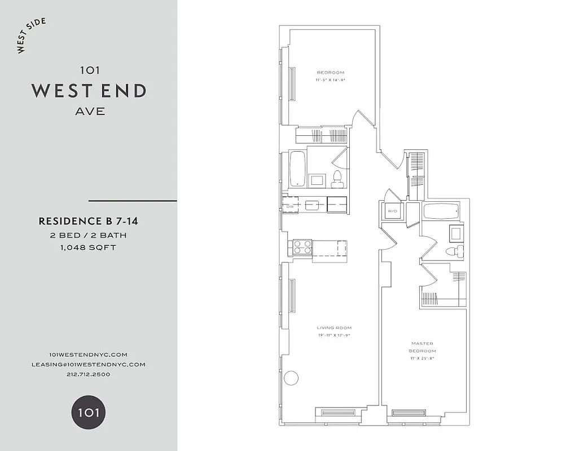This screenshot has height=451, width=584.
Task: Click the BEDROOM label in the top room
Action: [330, 73]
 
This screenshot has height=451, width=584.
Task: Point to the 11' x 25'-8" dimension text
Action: [423, 358]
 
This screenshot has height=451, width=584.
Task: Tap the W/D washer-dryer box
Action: [392, 212]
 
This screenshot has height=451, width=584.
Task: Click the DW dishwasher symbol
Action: [291, 206]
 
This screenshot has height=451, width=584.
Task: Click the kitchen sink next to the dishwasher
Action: [312, 205]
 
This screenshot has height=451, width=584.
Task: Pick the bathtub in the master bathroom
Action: [442, 212]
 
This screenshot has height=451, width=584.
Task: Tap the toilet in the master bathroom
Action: [454, 251]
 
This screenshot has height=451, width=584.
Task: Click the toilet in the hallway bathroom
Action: [338, 178]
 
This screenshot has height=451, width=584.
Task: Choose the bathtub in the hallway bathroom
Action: [297, 168]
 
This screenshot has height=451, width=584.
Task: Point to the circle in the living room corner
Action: [291, 378]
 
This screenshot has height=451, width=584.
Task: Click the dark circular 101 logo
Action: [88, 412]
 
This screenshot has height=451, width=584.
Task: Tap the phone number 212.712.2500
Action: [89, 374]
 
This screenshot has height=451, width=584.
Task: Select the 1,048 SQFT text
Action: [88, 247]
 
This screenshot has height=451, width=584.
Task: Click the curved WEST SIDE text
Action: [31, 36]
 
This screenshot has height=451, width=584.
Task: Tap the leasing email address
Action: [89, 364]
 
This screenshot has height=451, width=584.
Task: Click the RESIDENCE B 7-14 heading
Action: [88, 222]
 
